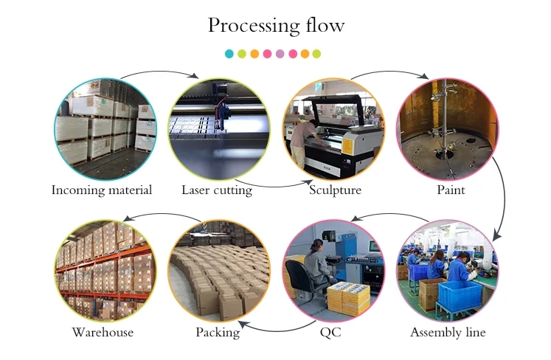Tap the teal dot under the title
pos(229,54)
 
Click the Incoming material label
pos(102,190)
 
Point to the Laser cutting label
pos(217,190)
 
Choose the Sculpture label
pos(336,190)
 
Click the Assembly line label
pos(448,333)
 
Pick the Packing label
pos(218,333)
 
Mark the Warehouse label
pos(103,333)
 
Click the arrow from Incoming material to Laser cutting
pos(159,71)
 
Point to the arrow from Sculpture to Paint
pos(391,72)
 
